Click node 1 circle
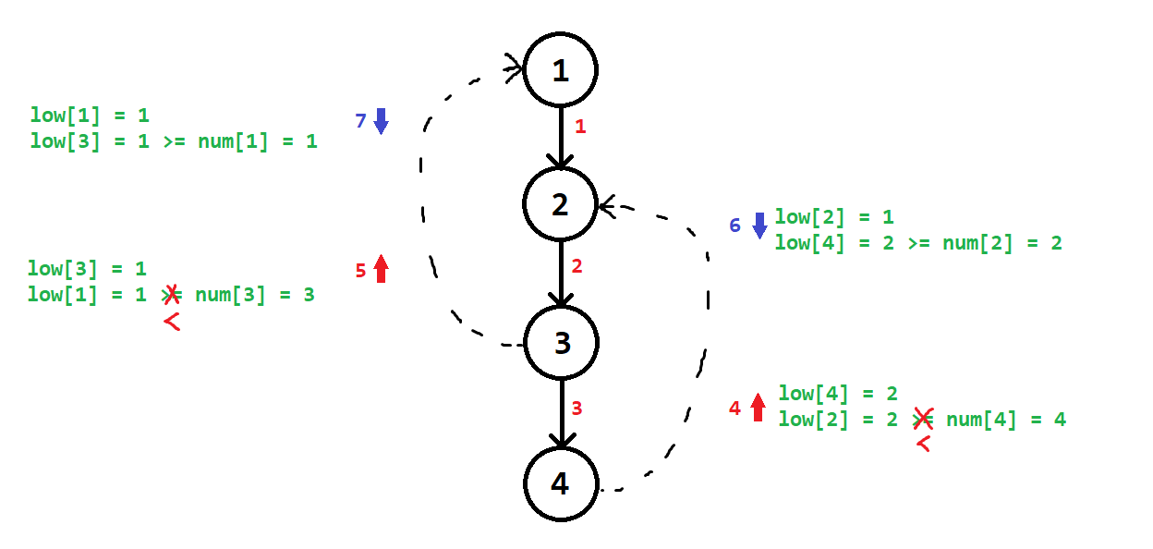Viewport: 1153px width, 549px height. coord(561,70)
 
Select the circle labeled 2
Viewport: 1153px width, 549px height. coord(561,204)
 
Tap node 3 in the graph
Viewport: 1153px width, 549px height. coord(562,343)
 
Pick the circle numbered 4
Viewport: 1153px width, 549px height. coord(561,483)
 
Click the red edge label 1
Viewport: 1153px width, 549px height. coord(580,127)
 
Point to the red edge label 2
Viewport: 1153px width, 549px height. coord(576,266)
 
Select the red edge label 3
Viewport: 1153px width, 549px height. coord(576,408)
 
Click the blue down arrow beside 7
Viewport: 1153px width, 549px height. coord(381,121)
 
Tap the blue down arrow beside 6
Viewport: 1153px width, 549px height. coord(759,226)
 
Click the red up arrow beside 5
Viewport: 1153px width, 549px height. coord(381,269)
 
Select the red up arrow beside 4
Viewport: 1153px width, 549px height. coord(759,407)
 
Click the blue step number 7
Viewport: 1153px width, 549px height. coord(361,120)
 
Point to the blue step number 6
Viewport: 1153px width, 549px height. coord(735,225)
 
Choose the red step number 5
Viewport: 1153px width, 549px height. coord(361,271)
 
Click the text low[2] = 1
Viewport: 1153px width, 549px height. coord(834,217)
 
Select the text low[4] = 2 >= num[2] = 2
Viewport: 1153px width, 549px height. coord(918,243)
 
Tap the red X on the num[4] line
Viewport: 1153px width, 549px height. coord(922,419)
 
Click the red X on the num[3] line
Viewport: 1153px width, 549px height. coord(171,295)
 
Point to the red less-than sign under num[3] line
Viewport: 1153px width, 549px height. coord(171,322)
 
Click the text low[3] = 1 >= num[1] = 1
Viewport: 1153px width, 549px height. coord(174,141)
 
